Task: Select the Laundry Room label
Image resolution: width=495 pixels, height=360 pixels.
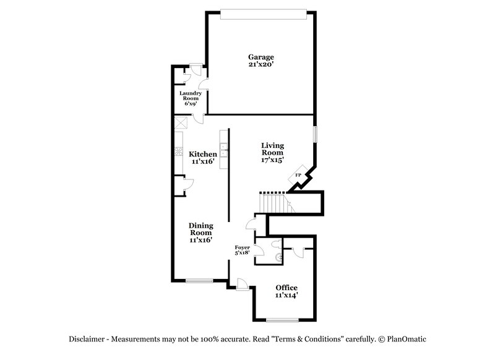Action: (190, 96)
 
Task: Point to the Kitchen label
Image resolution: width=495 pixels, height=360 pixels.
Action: (203, 154)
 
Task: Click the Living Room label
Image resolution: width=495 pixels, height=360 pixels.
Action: (272, 149)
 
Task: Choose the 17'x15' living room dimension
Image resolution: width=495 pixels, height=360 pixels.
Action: (272, 160)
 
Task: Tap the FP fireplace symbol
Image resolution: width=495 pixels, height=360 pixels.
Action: (298, 176)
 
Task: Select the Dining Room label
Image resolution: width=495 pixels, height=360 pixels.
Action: (201, 229)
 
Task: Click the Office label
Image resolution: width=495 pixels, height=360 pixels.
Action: (286, 288)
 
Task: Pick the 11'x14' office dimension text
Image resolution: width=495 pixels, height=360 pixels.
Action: (286, 296)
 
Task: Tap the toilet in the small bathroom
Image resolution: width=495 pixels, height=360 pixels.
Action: (277, 255)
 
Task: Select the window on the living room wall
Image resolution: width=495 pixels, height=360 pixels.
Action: (314, 134)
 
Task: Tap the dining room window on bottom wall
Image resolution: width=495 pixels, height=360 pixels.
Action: (199, 281)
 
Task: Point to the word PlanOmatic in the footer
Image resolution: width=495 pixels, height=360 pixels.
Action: (407, 339)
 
